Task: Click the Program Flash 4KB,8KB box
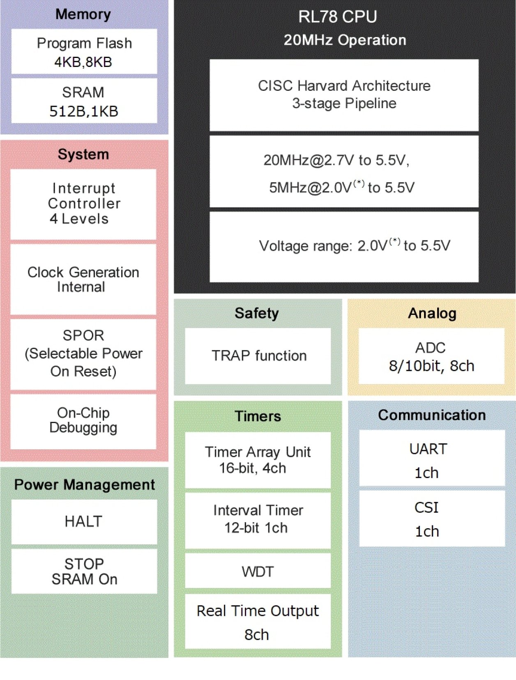coord(84,51)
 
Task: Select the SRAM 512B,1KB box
coord(84,101)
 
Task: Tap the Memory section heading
coord(83,14)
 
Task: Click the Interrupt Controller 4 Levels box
coord(83,204)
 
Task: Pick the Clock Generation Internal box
coord(83,279)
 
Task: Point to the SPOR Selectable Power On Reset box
coord(83,354)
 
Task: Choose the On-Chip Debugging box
coord(83,421)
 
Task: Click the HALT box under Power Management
coord(84,521)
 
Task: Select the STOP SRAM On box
coord(84,571)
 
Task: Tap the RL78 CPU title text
coord(337,17)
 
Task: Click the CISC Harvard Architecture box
coord(344,95)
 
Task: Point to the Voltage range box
coord(344,246)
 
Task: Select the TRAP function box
coord(258,356)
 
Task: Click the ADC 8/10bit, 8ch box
coord(431,356)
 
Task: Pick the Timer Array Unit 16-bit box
coord(258,460)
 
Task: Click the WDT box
coord(258,571)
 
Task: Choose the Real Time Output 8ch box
coord(258,621)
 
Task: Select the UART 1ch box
coord(432,458)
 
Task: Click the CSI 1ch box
coord(432,518)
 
